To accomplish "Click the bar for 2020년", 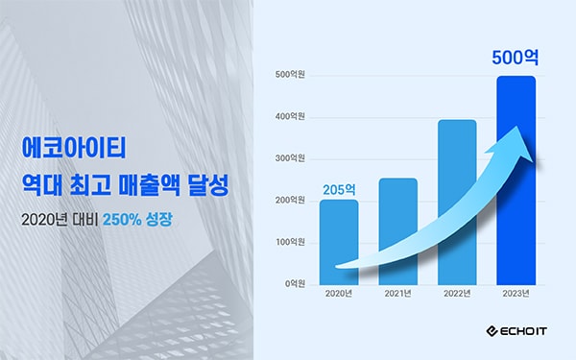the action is tap(339, 243).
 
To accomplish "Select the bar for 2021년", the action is tap(397, 231).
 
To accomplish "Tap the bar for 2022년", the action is tap(457, 203).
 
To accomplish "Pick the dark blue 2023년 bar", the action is tap(516, 180).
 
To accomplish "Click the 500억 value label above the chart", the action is tap(515, 58).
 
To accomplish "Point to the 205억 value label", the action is tap(339, 189).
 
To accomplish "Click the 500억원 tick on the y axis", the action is tap(290, 75).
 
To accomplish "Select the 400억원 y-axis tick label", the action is tap(290, 116).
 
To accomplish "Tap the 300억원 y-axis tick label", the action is tap(290, 158).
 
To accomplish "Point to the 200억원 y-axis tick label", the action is tap(290, 201).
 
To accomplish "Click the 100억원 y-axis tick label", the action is tap(290, 242).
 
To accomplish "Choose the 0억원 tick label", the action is tap(295, 284).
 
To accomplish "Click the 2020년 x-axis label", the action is tap(339, 294).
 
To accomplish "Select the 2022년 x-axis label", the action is tap(457, 294).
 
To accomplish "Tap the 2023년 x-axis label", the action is tap(516, 294).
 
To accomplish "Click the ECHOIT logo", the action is tap(516, 331).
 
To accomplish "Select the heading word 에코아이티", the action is tap(74, 148).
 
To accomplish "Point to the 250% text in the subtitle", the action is tap(122, 220).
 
